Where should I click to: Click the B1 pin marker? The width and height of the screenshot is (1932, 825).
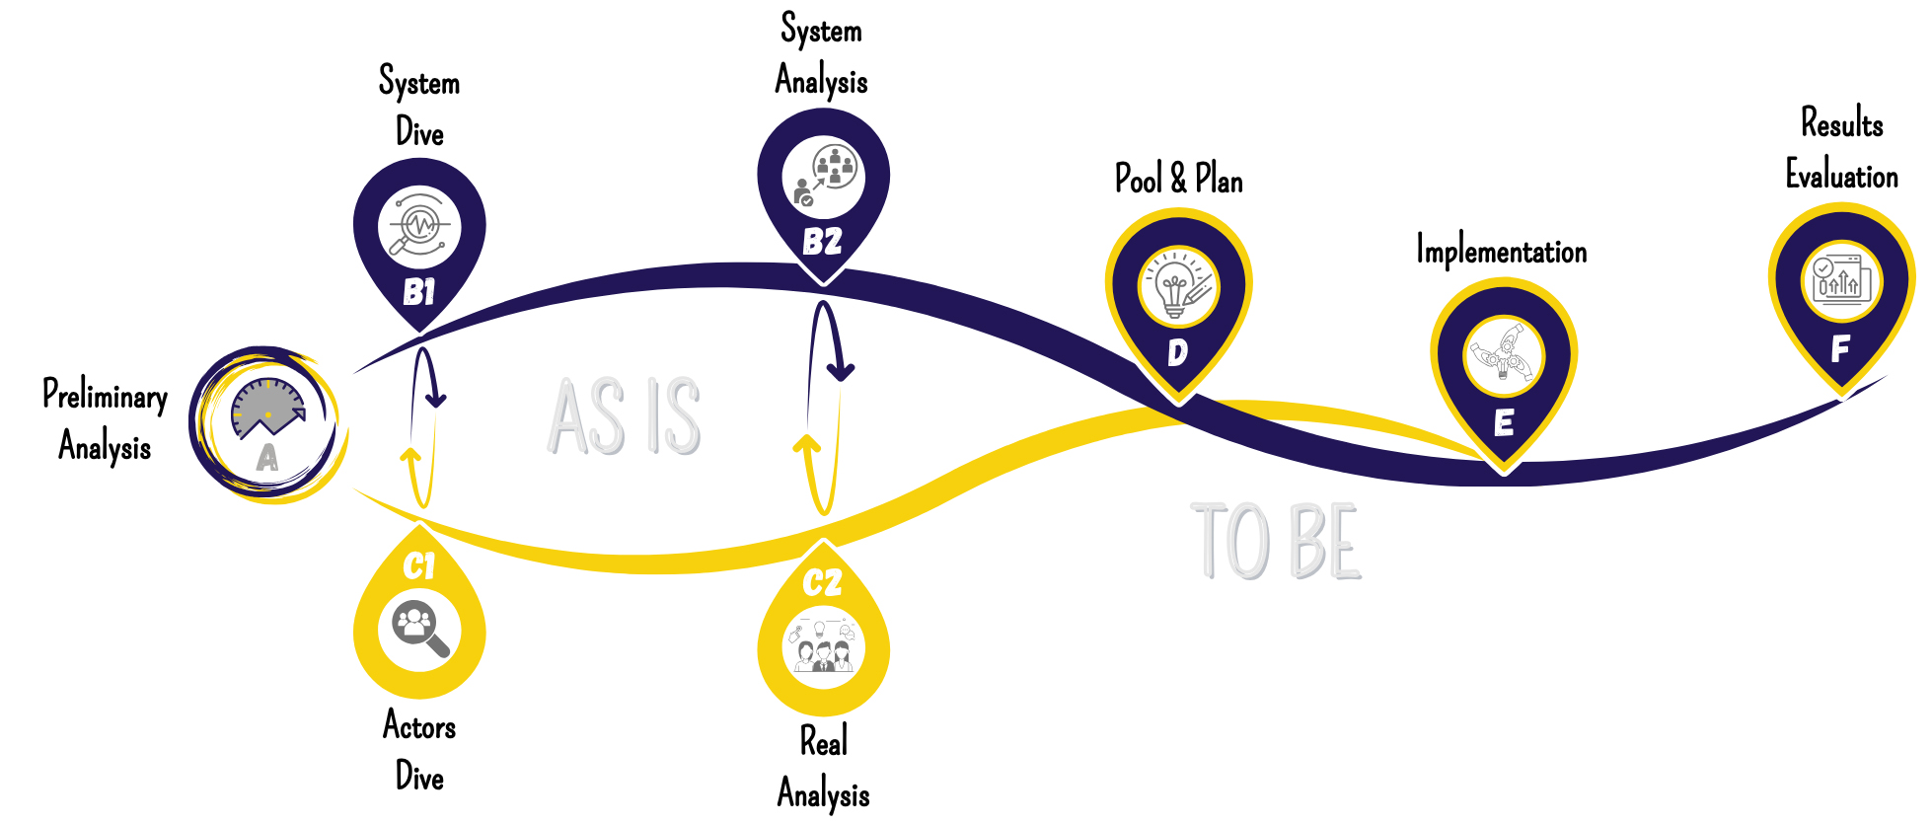coord(419,237)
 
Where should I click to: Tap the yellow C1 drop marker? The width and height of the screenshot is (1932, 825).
coord(419,617)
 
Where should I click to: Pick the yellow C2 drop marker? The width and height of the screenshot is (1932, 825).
coord(823,632)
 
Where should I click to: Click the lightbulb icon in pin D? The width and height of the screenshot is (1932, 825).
coord(1177,287)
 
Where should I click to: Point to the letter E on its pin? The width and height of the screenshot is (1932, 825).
coord(1503,423)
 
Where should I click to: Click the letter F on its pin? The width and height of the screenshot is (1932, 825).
coord(1839,349)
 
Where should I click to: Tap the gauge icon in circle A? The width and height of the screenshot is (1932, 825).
coord(267,408)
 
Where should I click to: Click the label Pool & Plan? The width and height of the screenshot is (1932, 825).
coord(1178,180)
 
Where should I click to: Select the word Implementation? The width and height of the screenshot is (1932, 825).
coord(1501,252)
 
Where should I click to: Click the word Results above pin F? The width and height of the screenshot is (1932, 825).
coord(1841,123)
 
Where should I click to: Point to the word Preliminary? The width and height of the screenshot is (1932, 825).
coord(105,396)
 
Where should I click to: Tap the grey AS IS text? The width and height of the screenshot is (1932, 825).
coord(625,416)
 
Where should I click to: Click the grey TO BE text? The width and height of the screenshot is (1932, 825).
coord(1277,542)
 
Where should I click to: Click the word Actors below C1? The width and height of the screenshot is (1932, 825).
coord(419,726)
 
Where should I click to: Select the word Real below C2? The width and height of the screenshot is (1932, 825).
coord(823,742)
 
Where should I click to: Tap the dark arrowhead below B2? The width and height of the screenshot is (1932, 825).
coord(841,371)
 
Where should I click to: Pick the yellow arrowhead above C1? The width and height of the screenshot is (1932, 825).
coord(411,455)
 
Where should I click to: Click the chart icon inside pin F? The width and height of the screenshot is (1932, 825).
coord(1839,279)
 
